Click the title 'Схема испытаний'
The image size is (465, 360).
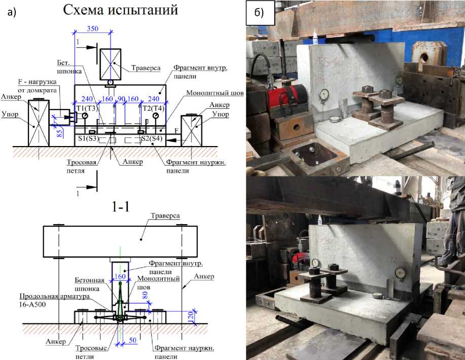coord(120,10)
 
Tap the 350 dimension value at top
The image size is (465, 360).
coord(92,29)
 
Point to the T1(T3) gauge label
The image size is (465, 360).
coord(87,109)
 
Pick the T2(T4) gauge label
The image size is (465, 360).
coord(153,108)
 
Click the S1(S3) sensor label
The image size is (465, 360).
coord(88,138)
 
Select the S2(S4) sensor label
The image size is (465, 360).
coord(152,138)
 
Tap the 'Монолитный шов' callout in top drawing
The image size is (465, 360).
coord(214,93)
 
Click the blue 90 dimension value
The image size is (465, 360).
coord(121,99)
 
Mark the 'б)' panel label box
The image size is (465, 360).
coord(260,13)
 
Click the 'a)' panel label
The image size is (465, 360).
coord(12,12)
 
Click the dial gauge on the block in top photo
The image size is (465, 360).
coord(325,95)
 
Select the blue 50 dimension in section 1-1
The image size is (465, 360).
coord(132,340)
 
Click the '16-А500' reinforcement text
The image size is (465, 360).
coord(32,304)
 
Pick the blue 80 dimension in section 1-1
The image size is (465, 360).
coord(145,295)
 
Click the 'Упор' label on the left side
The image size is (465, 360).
coord(10,114)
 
